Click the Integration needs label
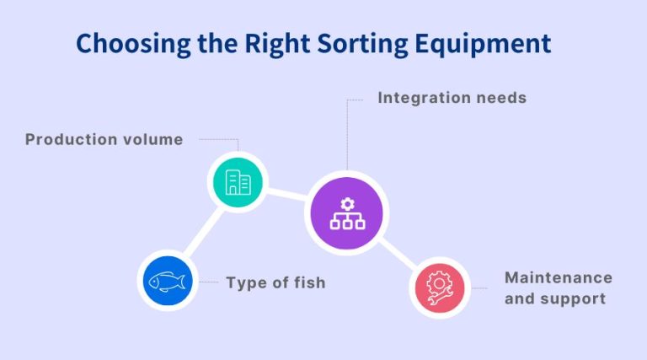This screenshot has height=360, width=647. tap(452, 98)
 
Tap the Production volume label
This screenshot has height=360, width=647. tap(104, 140)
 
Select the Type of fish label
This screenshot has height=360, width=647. tap(275, 282)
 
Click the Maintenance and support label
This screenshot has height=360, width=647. tap(558, 288)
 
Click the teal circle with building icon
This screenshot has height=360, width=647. tap(238, 181)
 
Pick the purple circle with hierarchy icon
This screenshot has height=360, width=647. tap(346, 213)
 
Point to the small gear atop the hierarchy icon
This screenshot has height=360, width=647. tap(346, 203)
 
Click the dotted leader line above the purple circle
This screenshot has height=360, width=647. tap(346, 135)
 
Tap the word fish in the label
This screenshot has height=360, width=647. tap(307, 282)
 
